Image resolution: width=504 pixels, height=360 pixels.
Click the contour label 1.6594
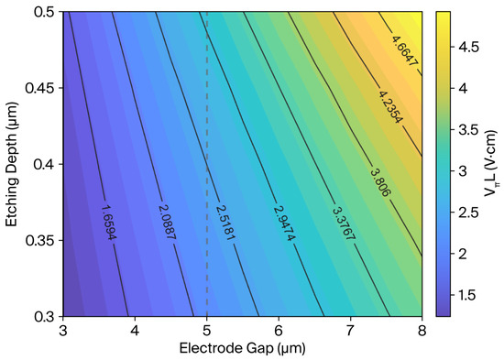[x=108, y=223]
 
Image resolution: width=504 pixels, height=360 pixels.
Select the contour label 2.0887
[x=167, y=222]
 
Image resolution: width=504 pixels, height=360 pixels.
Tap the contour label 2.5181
[x=225, y=223]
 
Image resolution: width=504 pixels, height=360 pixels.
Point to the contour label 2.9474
[x=284, y=224]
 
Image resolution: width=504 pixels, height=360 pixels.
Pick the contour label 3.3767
[x=344, y=224]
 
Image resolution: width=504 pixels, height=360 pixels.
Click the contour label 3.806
[x=381, y=182]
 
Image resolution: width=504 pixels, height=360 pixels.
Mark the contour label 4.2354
[x=390, y=107]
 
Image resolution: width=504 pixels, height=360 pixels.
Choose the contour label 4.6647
[x=404, y=50]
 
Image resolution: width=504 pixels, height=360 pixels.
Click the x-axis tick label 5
[x=207, y=331]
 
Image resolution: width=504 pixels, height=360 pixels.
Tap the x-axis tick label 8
[x=422, y=331]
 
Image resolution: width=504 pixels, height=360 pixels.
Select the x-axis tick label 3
[x=63, y=331]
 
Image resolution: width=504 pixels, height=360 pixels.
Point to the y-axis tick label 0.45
[x=39, y=88]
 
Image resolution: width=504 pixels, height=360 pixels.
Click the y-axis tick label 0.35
[x=39, y=240]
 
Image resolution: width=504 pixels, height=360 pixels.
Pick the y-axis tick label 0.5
[x=44, y=12]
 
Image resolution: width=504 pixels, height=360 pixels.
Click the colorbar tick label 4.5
[x=468, y=48]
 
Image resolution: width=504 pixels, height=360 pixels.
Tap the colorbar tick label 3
[x=463, y=170]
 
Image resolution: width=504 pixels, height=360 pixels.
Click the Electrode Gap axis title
[x=242, y=348]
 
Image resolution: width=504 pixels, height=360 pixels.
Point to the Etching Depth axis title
[x=11, y=165]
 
